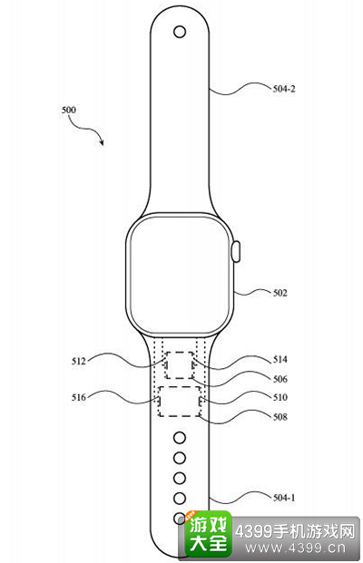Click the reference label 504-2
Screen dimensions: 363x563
click(284, 89)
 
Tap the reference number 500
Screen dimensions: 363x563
click(69, 110)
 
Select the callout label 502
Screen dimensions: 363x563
click(280, 293)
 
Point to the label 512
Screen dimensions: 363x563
click(79, 361)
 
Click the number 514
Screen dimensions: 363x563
click(280, 359)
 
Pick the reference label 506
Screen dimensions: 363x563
click(280, 379)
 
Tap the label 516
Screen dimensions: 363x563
click(79, 397)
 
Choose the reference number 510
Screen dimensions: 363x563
click(280, 397)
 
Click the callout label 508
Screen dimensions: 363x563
click(280, 416)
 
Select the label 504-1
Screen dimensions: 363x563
click(284, 498)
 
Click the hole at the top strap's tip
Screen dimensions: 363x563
click(180, 32)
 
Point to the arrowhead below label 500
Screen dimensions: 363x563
click(102, 142)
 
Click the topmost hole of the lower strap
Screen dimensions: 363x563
click(180, 438)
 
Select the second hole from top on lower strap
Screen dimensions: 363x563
click(180, 458)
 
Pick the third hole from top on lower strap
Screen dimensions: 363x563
click(180, 478)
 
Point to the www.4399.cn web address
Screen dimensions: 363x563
click(296, 548)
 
